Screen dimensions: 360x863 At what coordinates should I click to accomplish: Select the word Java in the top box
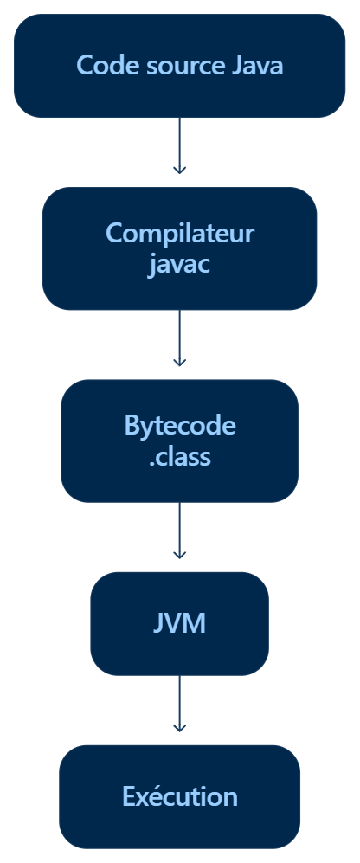258,66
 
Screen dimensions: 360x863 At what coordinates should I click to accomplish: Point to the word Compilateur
179,233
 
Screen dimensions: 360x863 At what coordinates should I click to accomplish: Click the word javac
179,265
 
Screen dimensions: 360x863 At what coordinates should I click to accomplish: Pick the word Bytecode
180,426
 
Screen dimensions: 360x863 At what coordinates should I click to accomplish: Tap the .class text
179,457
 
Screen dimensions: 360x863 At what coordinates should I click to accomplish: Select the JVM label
179,623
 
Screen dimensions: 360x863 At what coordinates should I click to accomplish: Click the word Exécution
179,796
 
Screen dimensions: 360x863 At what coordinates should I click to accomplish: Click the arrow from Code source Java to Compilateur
179,145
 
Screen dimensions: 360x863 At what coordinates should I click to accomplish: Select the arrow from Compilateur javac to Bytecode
179,338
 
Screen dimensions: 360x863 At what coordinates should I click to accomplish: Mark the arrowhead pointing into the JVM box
179,556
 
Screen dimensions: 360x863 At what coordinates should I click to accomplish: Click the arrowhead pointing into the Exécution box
179,729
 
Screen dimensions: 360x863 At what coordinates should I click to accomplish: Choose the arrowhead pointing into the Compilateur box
179,171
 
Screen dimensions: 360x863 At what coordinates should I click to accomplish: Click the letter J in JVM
158,623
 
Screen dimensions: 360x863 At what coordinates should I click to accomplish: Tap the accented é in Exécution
155,795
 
